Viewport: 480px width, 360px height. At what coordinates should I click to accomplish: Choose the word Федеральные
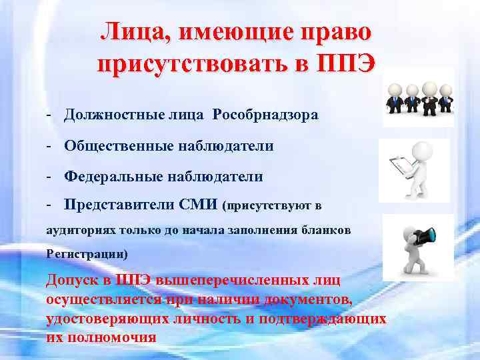(x=107, y=177)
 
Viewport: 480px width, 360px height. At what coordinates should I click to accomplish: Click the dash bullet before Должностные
(x=50, y=115)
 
